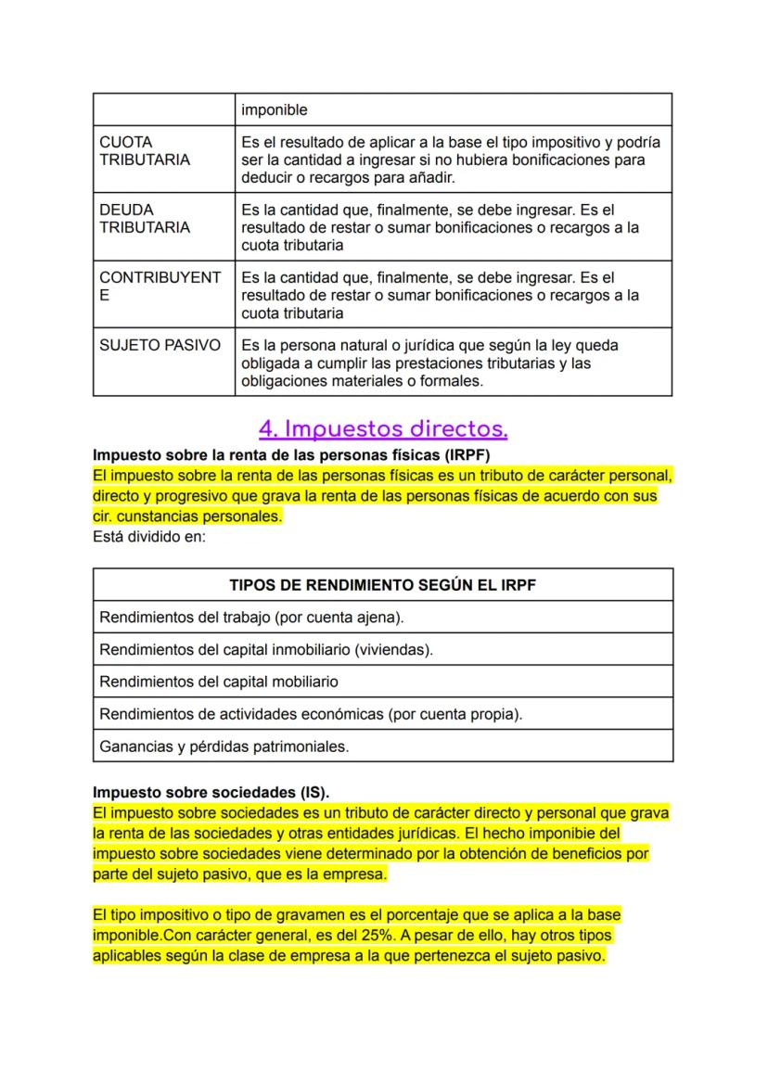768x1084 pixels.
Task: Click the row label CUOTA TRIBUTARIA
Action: tap(144, 151)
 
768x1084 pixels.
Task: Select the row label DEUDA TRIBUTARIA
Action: tap(144, 219)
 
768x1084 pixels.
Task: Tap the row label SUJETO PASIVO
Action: tap(160, 345)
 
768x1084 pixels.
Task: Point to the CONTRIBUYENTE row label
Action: tap(160, 287)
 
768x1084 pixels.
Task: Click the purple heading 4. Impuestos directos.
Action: tap(383, 429)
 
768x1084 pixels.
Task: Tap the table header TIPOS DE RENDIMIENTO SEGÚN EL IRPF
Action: tap(382, 585)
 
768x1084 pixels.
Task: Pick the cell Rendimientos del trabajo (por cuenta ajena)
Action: tap(251, 618)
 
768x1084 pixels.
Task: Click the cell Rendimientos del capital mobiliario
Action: tap(218, 682)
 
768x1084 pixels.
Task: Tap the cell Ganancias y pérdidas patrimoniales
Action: tap(224, 746)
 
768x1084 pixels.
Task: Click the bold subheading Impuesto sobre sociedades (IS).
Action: tap(211, 794)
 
